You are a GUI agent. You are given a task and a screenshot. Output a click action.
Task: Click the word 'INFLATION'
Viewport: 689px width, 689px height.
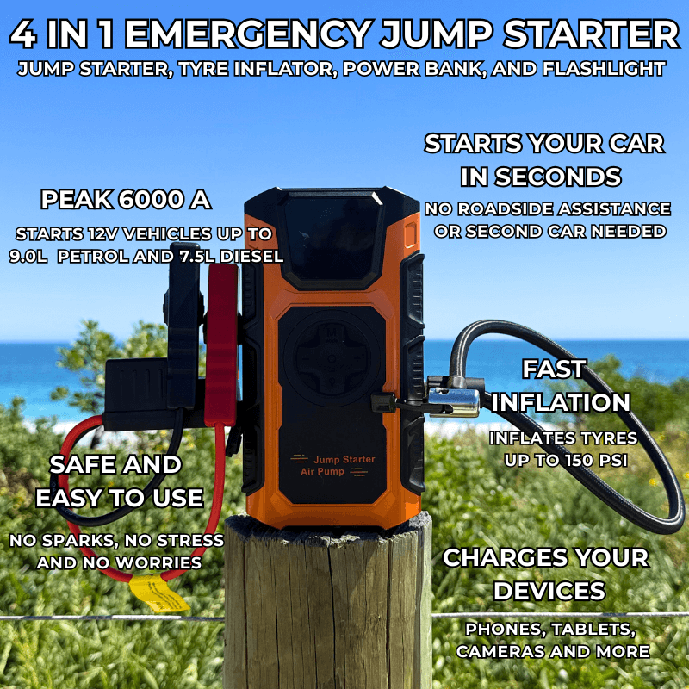tap(561, 402)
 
